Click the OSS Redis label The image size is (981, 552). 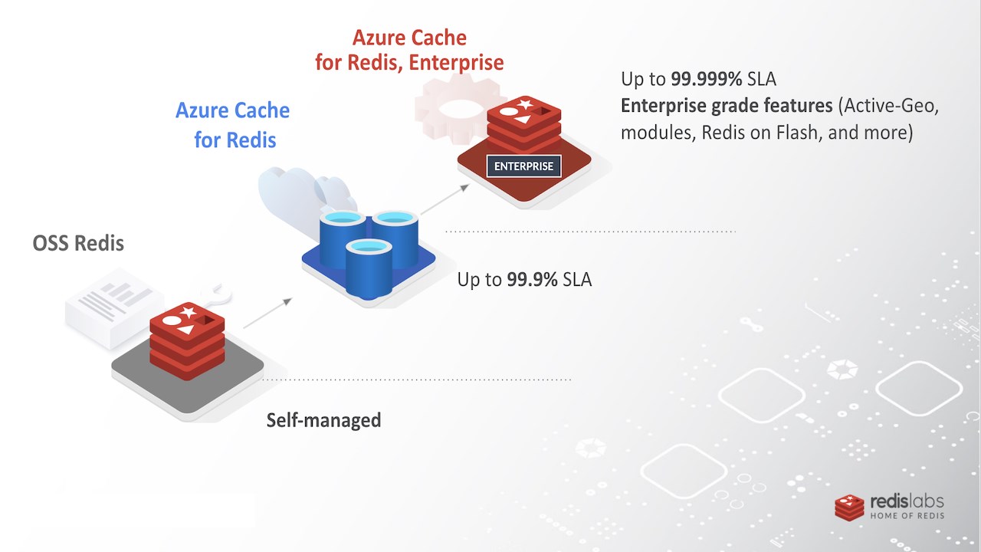click(78, 243)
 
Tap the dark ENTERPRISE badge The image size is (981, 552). click(523, 166)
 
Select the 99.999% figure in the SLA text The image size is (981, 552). click(707, 79)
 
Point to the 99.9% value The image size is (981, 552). click(532, 280)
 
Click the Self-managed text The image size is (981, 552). click(323, 420)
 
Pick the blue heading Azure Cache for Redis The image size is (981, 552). click(233, 125)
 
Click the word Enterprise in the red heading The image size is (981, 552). click(456, 63)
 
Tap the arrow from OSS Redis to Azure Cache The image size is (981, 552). click(267, 313)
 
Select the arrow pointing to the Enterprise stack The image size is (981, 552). click(445, 199)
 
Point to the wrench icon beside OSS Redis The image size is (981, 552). click(216, 294)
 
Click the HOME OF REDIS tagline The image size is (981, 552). click(907, 516)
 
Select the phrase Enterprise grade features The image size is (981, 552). click(727, 106)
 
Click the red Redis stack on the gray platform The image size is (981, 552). click(187, 340)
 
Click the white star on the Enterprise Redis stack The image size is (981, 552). click(525, 104)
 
